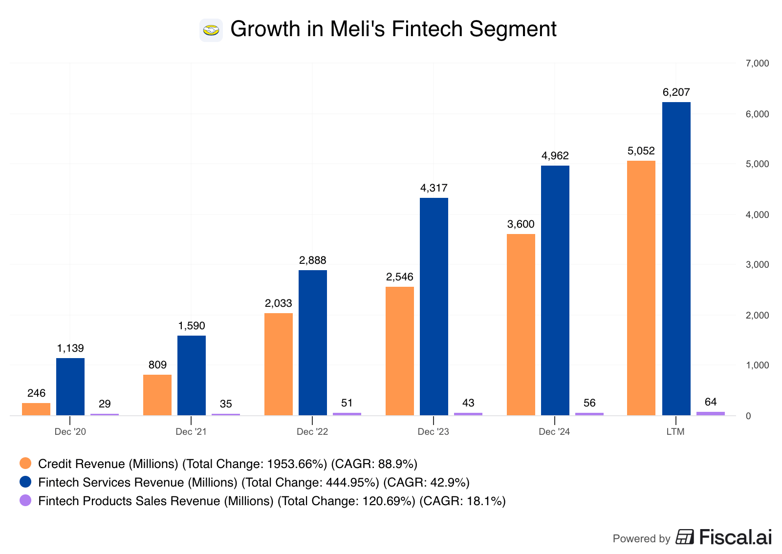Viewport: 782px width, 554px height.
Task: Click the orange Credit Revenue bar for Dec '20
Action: click(x=36, y=409)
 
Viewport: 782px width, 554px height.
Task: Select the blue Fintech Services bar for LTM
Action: click(x=676, y=259)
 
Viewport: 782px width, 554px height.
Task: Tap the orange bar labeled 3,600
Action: click(x=521, y=325)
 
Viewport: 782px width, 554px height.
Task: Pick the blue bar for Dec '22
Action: click(x=312, y=342)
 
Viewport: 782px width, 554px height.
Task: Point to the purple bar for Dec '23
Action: click(x=468, y=414)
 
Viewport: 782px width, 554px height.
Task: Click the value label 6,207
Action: click(x=676, y=92)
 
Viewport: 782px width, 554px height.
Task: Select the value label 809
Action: click(x=157, y=365)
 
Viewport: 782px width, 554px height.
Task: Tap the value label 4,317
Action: click(x=434, y=188)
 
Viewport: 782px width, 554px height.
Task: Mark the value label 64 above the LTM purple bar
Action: click(x=710, y=402)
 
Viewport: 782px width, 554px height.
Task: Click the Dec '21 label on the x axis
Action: click(x=191, y=432)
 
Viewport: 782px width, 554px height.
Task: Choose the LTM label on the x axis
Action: click(x=675, y=432)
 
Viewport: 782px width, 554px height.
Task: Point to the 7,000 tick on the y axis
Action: click(x=757, y=64)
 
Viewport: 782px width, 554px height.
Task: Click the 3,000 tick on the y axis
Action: click(x=757, y=265)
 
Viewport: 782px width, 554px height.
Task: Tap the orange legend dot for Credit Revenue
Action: click(x=25, y=463)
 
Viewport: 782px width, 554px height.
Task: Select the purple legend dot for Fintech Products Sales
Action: click(x=25, y=500)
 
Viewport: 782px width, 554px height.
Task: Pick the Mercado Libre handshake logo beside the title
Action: click(x=211, y=30)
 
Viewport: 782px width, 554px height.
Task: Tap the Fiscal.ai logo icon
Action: click(x=684, y=537)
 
